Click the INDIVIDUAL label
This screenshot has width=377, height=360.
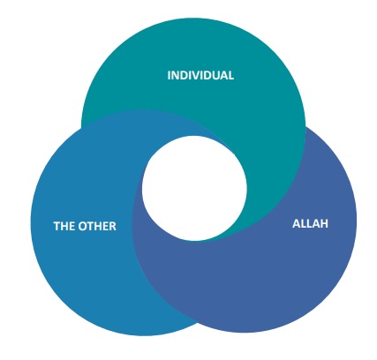pyautogui.click(x=200, y=75)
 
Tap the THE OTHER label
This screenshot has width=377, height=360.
pyautogui.click(x=85, y=226)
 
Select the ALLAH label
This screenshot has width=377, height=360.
pyautogui.click(x=310, y=224)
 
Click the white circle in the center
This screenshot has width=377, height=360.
pyautogui.click(x=194, y=188)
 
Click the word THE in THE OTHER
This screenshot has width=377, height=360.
pyautogui.click(x=64, y=226)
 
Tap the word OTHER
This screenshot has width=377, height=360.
pyautogui.click(x=97, y=226)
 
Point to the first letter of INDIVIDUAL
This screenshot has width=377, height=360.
pyautogui.click(x=169, y=75)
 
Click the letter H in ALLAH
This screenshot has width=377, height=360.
pyautogui.click(x=324, y=224)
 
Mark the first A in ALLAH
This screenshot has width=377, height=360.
pyautogui.click(x=297, y=224)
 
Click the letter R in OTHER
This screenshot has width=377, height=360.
pyautogui.click(x=113, y=226)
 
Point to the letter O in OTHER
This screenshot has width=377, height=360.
pyautogui.click(x=83, y=226)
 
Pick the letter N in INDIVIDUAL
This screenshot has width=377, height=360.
pyautogui.click(x=176, y=75)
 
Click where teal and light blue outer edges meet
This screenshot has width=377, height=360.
pyautogui.click(x=81, y=127)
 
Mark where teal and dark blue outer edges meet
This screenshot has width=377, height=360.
pyautogui.click(x=305, y=126)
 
